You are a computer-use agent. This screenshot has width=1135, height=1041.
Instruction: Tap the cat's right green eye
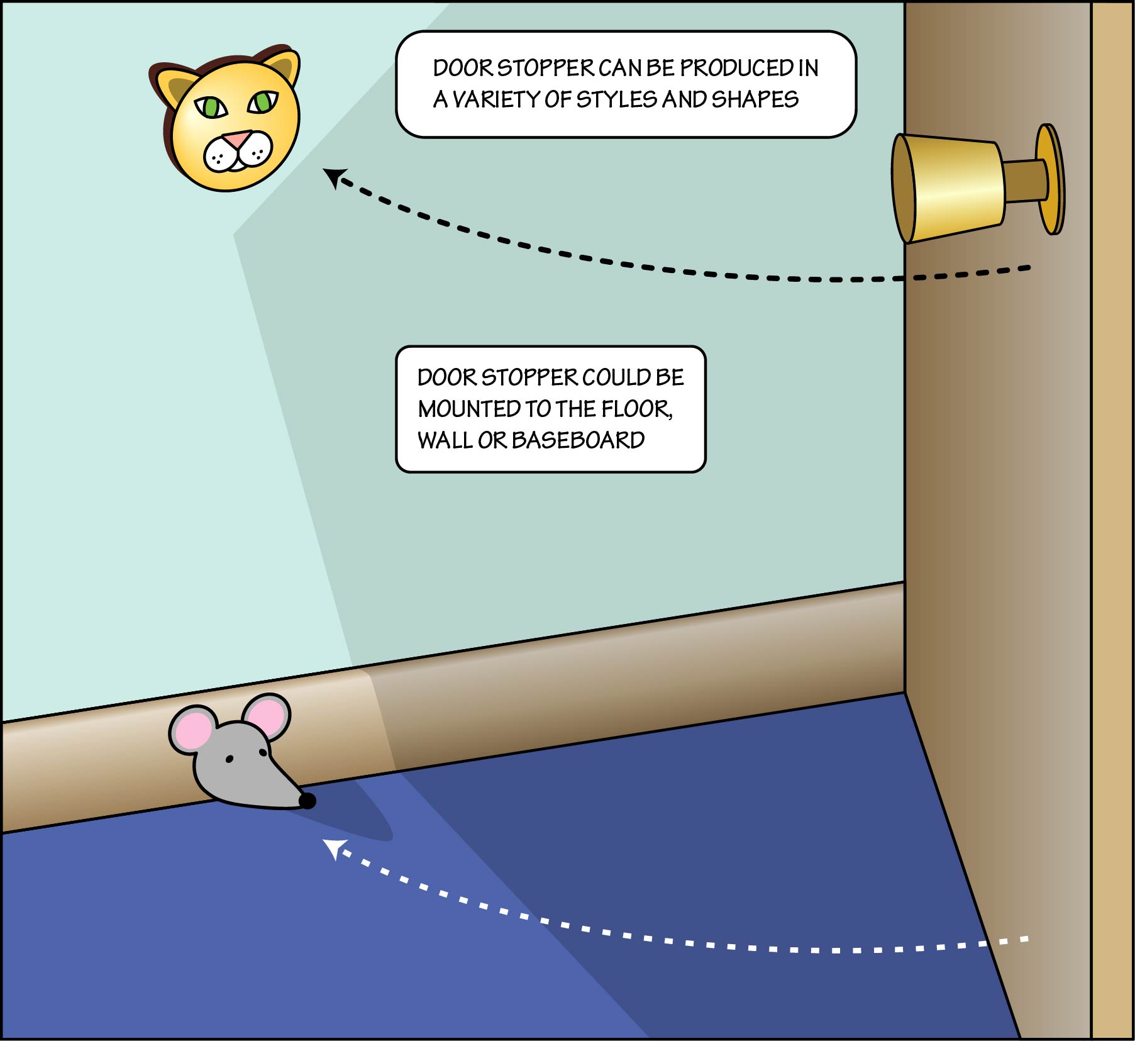[263, 101]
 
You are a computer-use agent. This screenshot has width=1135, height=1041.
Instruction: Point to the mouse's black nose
[307, 801]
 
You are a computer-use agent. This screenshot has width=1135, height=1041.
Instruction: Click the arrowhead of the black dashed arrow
[333, 177]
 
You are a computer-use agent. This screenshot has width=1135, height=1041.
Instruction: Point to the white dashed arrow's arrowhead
[333, 848]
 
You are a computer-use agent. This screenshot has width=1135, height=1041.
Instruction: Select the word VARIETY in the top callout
[496, 99]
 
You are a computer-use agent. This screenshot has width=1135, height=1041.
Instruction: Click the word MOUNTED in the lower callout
[469, 409]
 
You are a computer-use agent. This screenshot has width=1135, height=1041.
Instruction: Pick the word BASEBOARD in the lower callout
[578, 440]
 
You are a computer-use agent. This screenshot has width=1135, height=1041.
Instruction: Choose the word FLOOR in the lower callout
[635, 409]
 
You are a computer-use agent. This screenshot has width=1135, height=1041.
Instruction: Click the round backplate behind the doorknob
[1051, 179]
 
